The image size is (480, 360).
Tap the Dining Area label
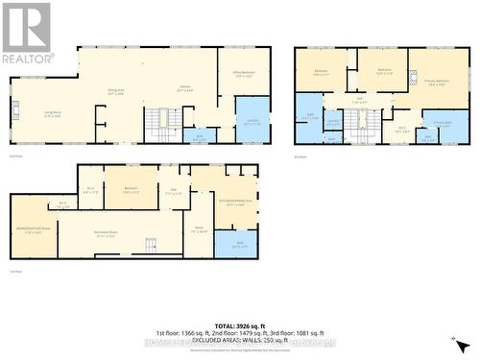coord(116,93)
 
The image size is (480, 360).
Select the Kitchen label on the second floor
coord(186,88)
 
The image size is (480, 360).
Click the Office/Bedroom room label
coord(244,77)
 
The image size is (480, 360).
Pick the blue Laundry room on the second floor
coord(252,121)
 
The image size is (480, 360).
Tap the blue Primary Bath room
coord(444,125)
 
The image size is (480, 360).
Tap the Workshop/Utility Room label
coord(33,230)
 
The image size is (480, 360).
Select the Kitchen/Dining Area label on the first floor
coord(237,203)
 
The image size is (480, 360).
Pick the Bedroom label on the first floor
coord(131,188)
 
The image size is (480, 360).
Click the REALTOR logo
coord(27,34)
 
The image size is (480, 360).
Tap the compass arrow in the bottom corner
coord(460,343)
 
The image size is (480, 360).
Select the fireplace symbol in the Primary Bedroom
coord(413,75)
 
